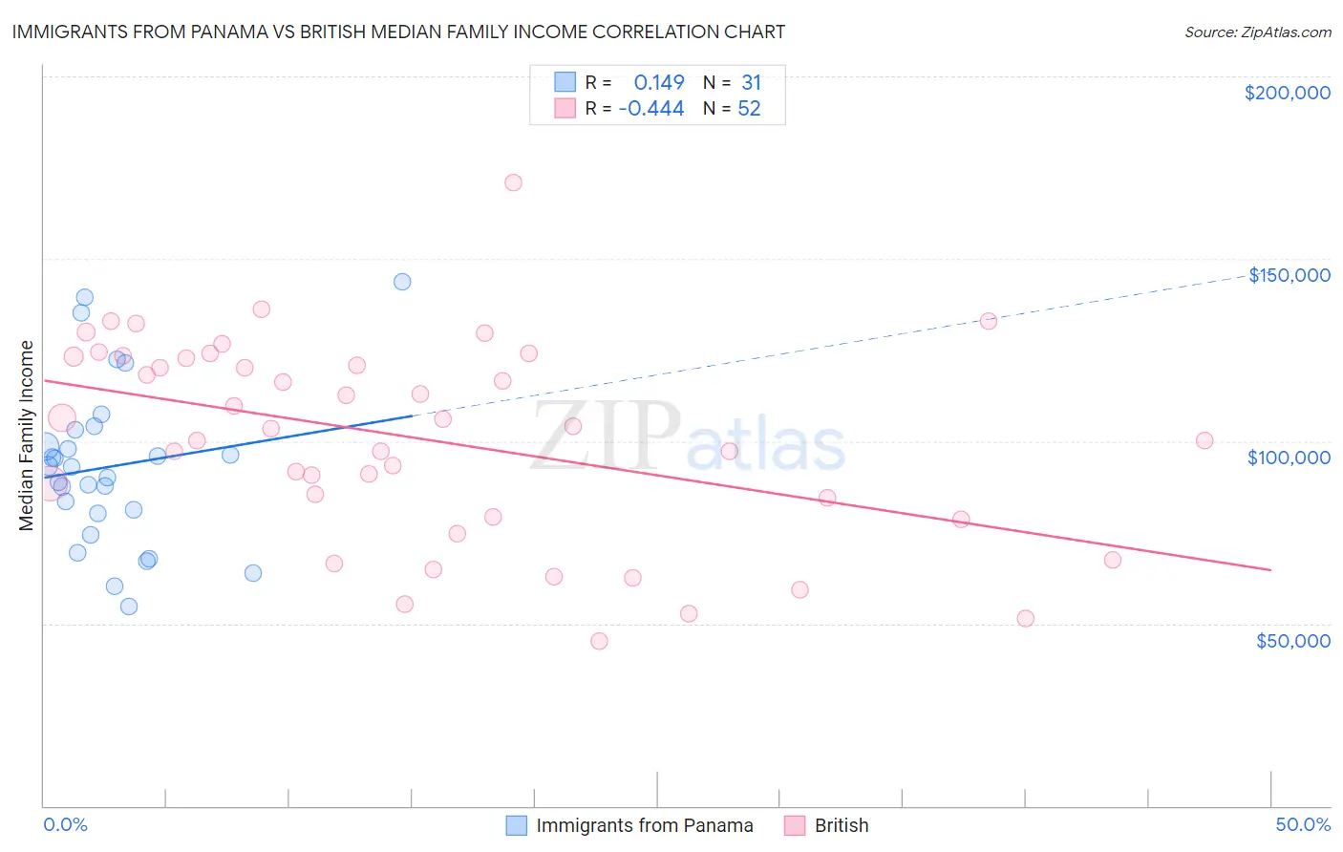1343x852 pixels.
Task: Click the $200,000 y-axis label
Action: [x=1287, y=93]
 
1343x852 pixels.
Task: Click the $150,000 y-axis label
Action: [x=1289, y=275]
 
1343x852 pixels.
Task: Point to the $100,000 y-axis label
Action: [x=1289, y=458]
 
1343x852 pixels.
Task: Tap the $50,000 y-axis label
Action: [x=1292, y=641]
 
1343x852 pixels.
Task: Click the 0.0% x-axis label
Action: [x=65, y=824]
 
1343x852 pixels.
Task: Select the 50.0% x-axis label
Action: [x=1303, y=824]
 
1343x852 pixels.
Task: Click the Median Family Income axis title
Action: [x=27, y=436]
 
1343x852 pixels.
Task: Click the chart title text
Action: [x=398, y=32]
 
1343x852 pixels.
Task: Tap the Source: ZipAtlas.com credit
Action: [x=1257, y=32]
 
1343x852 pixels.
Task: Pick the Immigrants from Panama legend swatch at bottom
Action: [x=517, y=825]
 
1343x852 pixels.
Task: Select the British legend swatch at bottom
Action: [x=795, y=825]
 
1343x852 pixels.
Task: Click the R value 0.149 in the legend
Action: [x=659, y=83]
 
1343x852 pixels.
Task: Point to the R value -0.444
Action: [x=651, y=109]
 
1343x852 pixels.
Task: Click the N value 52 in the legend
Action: [x=749, y=109]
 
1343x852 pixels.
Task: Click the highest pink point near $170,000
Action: [x=513, y=182]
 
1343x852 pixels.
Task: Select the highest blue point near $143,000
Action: [x=402, y=282]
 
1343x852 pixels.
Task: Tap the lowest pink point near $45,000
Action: [x=599, y=641]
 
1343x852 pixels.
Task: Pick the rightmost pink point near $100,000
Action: [x=1204, y=440]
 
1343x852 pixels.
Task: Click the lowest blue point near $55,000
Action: [x=129, y=607]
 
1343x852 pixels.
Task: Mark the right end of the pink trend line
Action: [x=1270, y=569]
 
